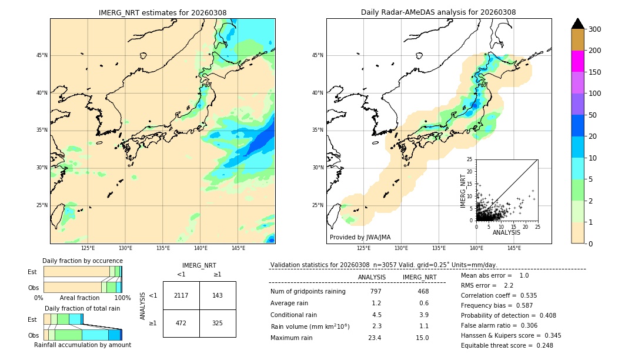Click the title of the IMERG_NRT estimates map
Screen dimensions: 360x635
point(162,12)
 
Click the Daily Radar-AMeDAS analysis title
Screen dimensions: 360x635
point(439,12)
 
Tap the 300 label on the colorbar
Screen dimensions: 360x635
point(594,29)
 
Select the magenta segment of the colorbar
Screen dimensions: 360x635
point(577,61)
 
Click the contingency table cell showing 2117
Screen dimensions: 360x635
point(181,295)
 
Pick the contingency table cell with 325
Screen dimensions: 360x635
point(218,323)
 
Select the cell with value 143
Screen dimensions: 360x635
point(218,295)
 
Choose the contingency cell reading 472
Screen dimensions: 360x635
point(181,323)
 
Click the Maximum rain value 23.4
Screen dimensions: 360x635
point(375,338)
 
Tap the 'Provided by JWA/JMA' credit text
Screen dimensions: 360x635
point(360,238)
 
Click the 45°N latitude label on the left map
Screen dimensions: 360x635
point(42,55)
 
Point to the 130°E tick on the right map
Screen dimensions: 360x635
point(402,248)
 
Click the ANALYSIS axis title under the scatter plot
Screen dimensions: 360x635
point(506,232)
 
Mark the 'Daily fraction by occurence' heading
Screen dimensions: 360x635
point(82,261)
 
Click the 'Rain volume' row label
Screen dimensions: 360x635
point(310,326)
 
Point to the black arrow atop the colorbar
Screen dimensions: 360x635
point(577,24)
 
